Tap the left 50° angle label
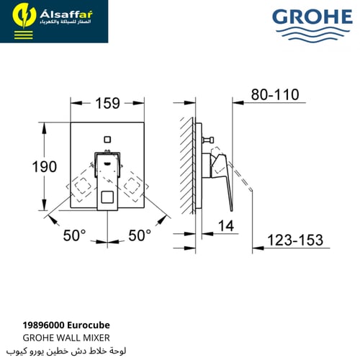tap(73, 235)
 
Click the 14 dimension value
tap(225, 225)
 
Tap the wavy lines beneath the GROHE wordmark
tap(311, 33)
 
